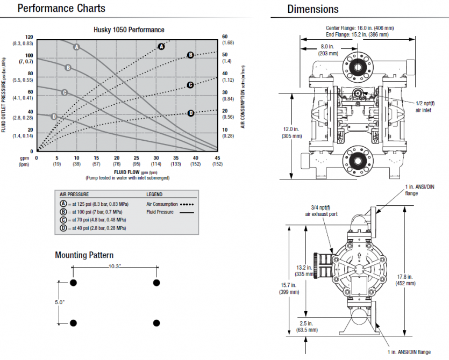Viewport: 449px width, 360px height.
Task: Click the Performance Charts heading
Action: click(x=61, y=8)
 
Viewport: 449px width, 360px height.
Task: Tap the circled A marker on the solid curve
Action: click(x=76, y=47)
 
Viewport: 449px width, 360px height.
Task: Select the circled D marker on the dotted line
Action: click(x=190, y=113)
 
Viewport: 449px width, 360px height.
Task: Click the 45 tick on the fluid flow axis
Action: click(x=217, y=157)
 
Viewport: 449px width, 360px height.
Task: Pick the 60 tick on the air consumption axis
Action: click(x=226, y=37)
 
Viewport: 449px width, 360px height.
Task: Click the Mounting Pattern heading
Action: click(x=84, y=255)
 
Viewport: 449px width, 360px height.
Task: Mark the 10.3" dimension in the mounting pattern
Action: click(x=115, y=267)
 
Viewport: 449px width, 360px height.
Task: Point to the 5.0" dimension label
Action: click(x=59, y=303)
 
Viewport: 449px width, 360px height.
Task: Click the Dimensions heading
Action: click(x=313, y=9)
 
